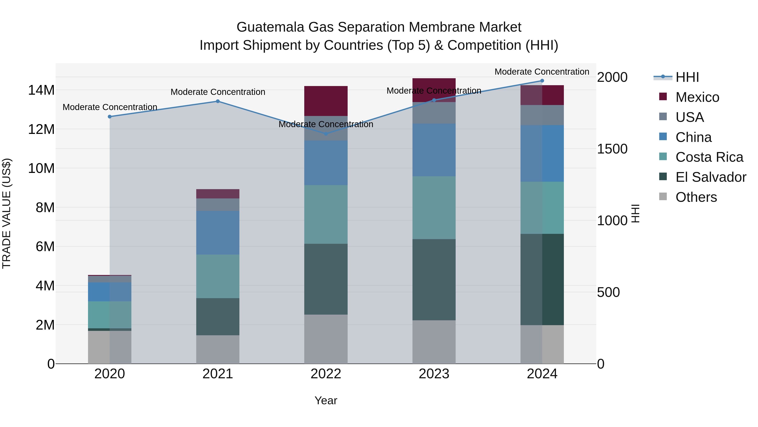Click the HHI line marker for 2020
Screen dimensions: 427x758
pyautogui.click(x=110, y=117)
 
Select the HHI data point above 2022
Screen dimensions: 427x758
pyautogui.click(x=326, y=134)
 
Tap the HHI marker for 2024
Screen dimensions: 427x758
pyautogui.click(x=542, y=81)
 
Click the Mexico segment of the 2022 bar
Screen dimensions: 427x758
pyautogui.click(x=326, y=101)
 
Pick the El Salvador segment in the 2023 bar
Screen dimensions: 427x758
pyautogui.click(x=434, y=279)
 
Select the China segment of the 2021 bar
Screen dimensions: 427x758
pyautogui.click(x=218, y=233)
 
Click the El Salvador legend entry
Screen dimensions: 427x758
pyautogui.click(x=710, y=177)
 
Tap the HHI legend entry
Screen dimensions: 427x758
pyautogui.click(x=687, y=77)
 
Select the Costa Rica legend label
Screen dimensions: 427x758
pyautogui.click(x=709, y=157)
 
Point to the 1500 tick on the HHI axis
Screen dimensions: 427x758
pyautogui.click(x=612, y=149)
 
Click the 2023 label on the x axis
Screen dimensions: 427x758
pyautogui.click(x=434, y=374)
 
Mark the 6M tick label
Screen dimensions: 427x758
pyautogui.click(x=45, y=246)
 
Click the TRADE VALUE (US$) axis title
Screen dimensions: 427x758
pyautogui.click(x=7, y=213)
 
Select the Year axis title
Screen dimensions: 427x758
pyautogui.click(x=326, y=400)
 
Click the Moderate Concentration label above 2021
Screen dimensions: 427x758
pyautogui.click(x=218, y=92)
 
